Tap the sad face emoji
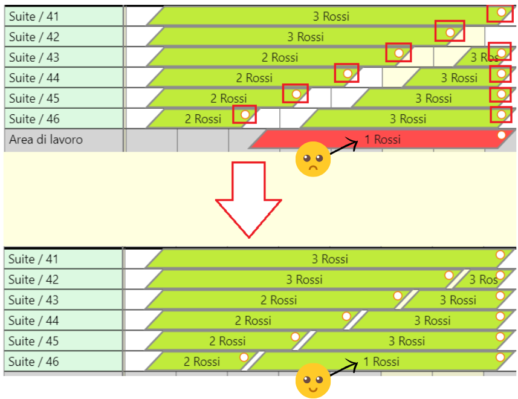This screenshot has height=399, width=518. tap(312, 160)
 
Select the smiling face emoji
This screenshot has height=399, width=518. tap(312, 381)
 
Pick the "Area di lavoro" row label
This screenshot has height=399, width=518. tap(46, 140)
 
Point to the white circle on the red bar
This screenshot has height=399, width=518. tap(501, 135)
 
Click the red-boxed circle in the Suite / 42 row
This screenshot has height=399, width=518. tap(450, 32)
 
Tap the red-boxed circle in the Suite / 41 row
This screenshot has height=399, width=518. tap(500, 12)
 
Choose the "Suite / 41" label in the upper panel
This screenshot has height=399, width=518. tap(34, 16)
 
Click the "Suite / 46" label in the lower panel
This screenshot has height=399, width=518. tap(34, 362)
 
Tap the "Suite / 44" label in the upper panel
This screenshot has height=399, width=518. tap(34, 78)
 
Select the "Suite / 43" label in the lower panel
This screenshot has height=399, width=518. tap(34, 300)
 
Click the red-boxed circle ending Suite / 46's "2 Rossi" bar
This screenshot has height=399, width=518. tap(245, 114)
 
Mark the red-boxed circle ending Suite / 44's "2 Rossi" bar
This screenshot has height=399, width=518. tap(347, 73)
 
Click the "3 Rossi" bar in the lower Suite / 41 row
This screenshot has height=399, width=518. tap(330, 259)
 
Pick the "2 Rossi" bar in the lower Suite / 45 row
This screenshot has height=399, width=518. tap(227, 341)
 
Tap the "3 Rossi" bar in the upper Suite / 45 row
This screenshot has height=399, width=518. tap(433, 99)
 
